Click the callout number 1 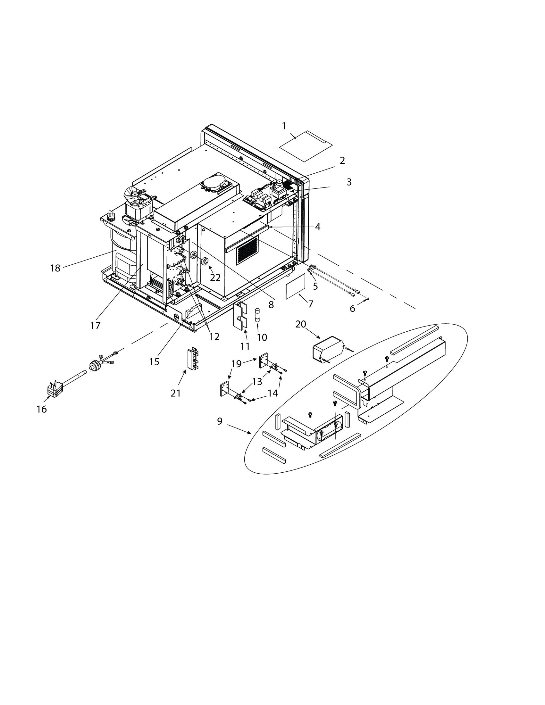pos(284,126)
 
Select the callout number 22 pos(215,277)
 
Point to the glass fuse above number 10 pos(257,314)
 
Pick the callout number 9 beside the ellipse pos(220,421)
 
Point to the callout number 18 pos(55,268)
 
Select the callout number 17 pos(96,326)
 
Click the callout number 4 pos(318,227)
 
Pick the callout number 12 pos(214,337)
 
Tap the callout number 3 pos(349,182)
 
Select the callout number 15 pos(154,362)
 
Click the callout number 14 pos(273,393)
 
